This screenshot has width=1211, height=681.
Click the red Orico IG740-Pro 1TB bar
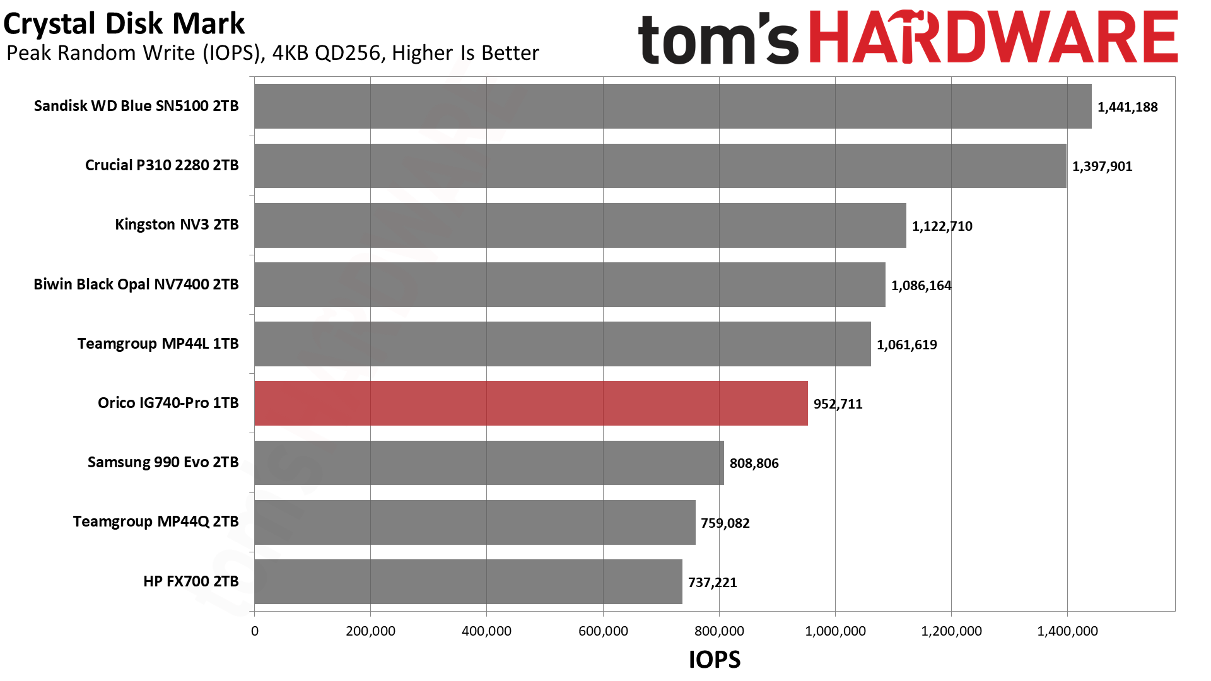point(530,403)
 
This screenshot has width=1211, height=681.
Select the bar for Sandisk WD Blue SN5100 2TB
point(672,106)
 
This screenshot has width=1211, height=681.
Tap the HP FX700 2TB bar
point(468,581)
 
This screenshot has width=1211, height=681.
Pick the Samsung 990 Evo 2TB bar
point(489,462)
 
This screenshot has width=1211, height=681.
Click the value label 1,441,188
point(1127,107)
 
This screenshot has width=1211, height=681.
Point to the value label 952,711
point(838,404)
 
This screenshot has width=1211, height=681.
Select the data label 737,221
point(712,583)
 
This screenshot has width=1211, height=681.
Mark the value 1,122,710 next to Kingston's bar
point(942,226)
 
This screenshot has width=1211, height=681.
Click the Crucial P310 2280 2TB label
point(161,165)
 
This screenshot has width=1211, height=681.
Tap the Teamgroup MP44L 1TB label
point(158,344)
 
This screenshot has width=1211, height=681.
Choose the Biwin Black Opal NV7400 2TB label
point(136,284)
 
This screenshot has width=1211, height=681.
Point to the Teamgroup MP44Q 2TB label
point(155,521)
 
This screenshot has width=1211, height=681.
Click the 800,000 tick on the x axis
point(719,631)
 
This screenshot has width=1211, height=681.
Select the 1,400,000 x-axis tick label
point(1067,631)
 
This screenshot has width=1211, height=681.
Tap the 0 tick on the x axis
point(255,631)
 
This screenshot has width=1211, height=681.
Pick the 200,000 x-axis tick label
point(370,631)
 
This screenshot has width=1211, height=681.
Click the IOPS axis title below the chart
point(714,660)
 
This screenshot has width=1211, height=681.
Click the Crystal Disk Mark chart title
point(124,24)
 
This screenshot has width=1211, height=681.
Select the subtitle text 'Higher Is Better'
point(465,53)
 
